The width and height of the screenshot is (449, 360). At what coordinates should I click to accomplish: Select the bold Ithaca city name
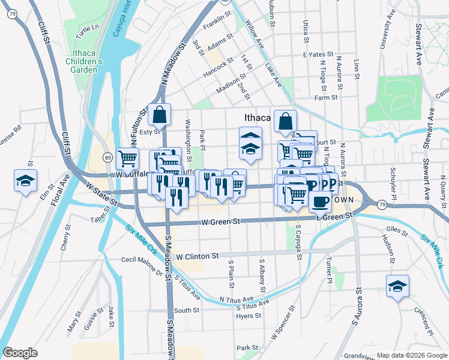(258, 118)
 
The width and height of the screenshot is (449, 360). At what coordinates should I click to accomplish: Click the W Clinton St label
(197, 256)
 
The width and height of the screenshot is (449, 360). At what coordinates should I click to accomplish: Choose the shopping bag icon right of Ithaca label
(285, 121)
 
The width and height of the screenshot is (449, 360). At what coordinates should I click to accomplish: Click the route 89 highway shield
(107, 157)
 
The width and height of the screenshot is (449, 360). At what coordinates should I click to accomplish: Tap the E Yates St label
(314, 54)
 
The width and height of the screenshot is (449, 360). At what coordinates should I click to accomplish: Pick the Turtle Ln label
(87, 28)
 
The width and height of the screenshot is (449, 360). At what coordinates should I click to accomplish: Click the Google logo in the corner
(20, 353)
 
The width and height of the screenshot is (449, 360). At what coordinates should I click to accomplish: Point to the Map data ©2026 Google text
(411, 355)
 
